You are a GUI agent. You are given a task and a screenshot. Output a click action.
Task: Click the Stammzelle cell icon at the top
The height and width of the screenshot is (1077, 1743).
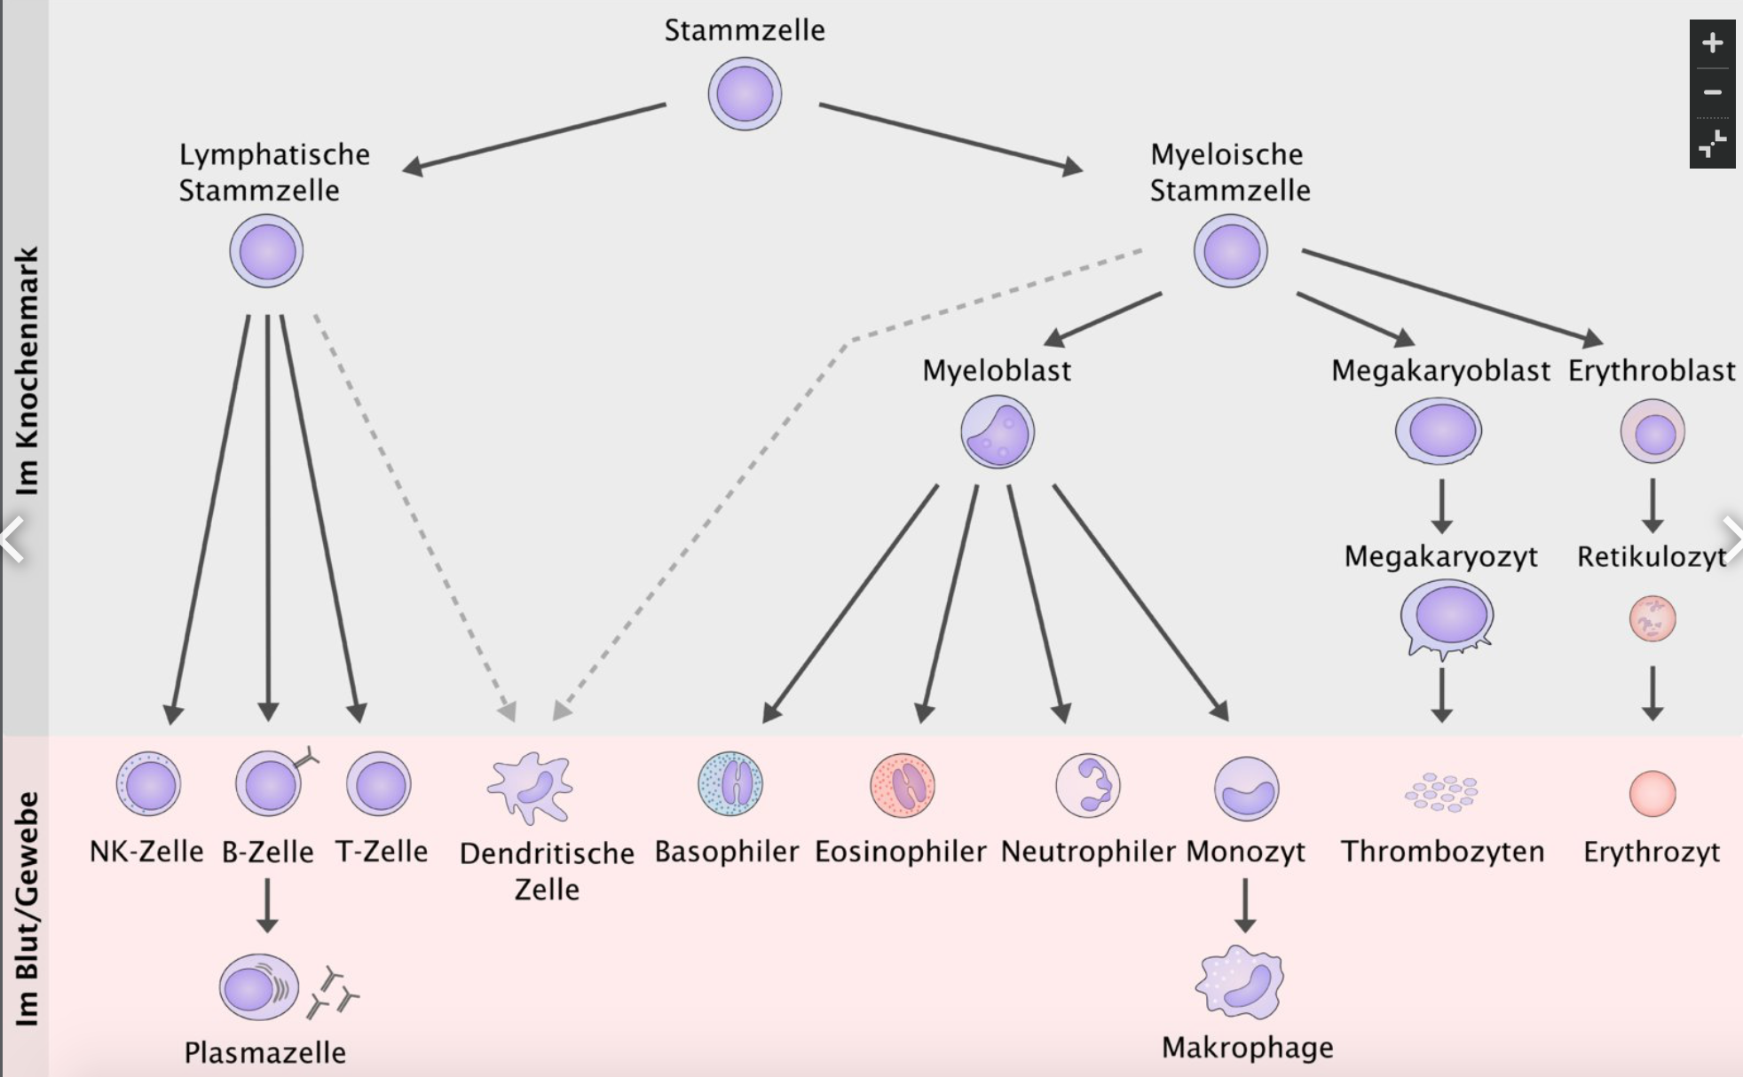pyautogui.click(x=745, y=94)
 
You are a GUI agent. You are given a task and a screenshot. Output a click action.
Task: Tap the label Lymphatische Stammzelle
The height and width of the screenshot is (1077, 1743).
pyautogui.click(x=273, y=172)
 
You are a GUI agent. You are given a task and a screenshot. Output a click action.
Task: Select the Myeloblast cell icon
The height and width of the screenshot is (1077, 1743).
pyautogui.click(x=998, y=432)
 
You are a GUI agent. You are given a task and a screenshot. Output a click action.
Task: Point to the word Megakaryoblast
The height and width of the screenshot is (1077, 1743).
pyautogui.click(x=1440, y=371)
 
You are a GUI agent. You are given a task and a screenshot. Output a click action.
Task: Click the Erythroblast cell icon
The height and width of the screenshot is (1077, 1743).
pyautogui.click(x=1652, y=432)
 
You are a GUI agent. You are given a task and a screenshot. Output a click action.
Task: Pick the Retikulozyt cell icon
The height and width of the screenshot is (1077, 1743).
pyautogui.click(x=1652, y=618)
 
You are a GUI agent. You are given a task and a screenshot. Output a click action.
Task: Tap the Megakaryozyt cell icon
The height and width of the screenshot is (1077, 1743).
pyautogui.click(x=1447, y=617)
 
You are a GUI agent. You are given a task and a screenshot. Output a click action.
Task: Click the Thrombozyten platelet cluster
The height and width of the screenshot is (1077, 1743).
pyautogui.click(x=1441, y=791)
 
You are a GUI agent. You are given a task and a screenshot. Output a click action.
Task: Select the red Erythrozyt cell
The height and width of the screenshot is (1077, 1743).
pyautogui.click(x=1652, y=792)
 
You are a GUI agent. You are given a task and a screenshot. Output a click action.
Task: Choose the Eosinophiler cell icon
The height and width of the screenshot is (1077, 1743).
pyautogui.click(x=903, y=785)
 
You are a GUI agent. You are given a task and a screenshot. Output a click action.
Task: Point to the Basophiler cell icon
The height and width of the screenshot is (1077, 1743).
pyautogui.click(x=730, y=784)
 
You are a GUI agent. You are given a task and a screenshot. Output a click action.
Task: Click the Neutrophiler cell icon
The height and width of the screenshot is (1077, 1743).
pyautogui.click(x=1088, y=785)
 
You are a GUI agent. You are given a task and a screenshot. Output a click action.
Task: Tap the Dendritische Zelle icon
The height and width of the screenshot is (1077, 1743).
pyautogui.click(x=531, y=787)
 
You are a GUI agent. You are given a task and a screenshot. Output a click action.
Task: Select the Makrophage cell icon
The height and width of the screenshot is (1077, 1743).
pyautogui.click(x=1240, y=982)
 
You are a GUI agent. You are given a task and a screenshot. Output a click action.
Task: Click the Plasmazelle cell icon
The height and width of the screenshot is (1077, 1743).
pyautogui.click(x=257, y=987)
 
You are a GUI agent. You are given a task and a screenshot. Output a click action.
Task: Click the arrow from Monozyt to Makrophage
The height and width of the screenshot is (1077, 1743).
pyautogui.click(x=1245, y=905)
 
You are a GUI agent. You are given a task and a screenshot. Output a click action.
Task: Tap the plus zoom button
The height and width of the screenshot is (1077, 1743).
pyautogui.click(x=1712, y=43)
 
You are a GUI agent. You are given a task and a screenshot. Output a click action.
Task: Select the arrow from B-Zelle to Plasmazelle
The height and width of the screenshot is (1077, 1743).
pyautogui.click(x=267, y=905)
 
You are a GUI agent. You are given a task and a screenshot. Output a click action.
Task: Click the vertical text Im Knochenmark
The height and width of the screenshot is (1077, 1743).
pyautogui.click(x=28, y=371)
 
